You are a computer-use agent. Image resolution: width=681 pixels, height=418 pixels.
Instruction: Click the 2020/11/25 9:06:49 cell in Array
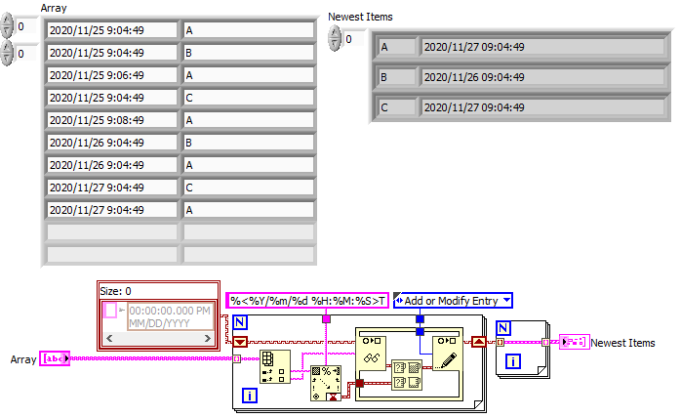111,74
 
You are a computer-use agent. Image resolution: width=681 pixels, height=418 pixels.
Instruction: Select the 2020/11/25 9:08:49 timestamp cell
111,119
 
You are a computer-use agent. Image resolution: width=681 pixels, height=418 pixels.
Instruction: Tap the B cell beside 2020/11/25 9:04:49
248,52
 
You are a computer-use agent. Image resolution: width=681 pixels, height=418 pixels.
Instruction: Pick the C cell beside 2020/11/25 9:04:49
248,97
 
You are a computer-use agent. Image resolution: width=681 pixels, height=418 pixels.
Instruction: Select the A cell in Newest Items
395,47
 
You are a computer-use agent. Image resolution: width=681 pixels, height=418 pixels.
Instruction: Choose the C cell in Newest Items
395,106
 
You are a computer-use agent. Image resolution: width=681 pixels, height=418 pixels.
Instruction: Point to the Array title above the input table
54,8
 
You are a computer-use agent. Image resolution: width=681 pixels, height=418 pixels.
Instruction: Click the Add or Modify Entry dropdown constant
453,300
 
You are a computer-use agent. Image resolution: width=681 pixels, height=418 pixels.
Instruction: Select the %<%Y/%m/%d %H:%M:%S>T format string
307,300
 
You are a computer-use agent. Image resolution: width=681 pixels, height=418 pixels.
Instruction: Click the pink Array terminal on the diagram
53,358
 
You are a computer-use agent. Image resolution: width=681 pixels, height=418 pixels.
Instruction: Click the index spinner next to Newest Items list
338,38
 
